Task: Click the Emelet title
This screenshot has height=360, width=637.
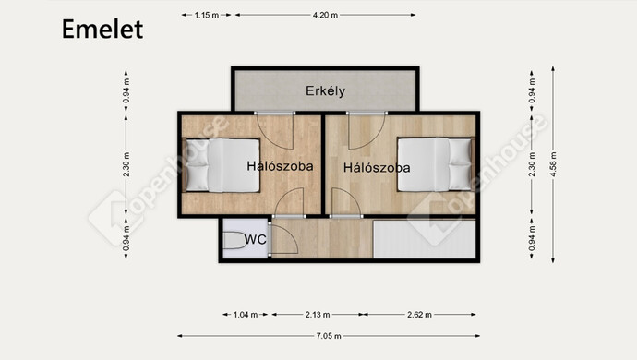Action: point(102,29)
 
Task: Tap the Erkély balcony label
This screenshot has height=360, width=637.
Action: point(325,90)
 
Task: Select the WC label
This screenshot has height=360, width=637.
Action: point(256,239)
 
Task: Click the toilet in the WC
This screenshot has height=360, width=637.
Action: point(234,240)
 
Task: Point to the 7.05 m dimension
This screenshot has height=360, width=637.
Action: point(329,336)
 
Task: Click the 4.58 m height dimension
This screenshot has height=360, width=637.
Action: point(553,164)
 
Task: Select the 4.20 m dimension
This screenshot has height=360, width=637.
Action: point(325,15)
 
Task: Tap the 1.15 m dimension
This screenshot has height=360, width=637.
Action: point(207,15)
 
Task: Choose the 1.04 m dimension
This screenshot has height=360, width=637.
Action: point(246,315)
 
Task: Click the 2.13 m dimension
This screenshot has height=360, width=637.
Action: point(318,315)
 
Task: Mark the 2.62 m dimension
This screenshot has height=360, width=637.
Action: point(419,315)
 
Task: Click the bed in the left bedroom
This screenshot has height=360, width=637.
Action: point(222,165)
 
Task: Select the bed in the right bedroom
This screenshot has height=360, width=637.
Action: point(436,164)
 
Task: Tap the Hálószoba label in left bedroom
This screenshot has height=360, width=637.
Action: point(280,166)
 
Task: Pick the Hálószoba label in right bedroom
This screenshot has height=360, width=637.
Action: point(377,168)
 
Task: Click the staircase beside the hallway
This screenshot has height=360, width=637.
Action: point(424,239)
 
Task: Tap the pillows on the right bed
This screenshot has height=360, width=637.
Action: point(460,164)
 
